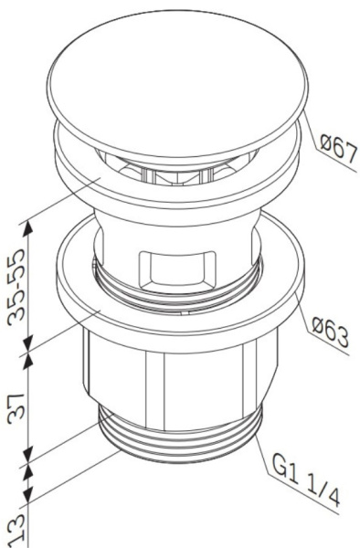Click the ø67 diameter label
click(336, 145)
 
